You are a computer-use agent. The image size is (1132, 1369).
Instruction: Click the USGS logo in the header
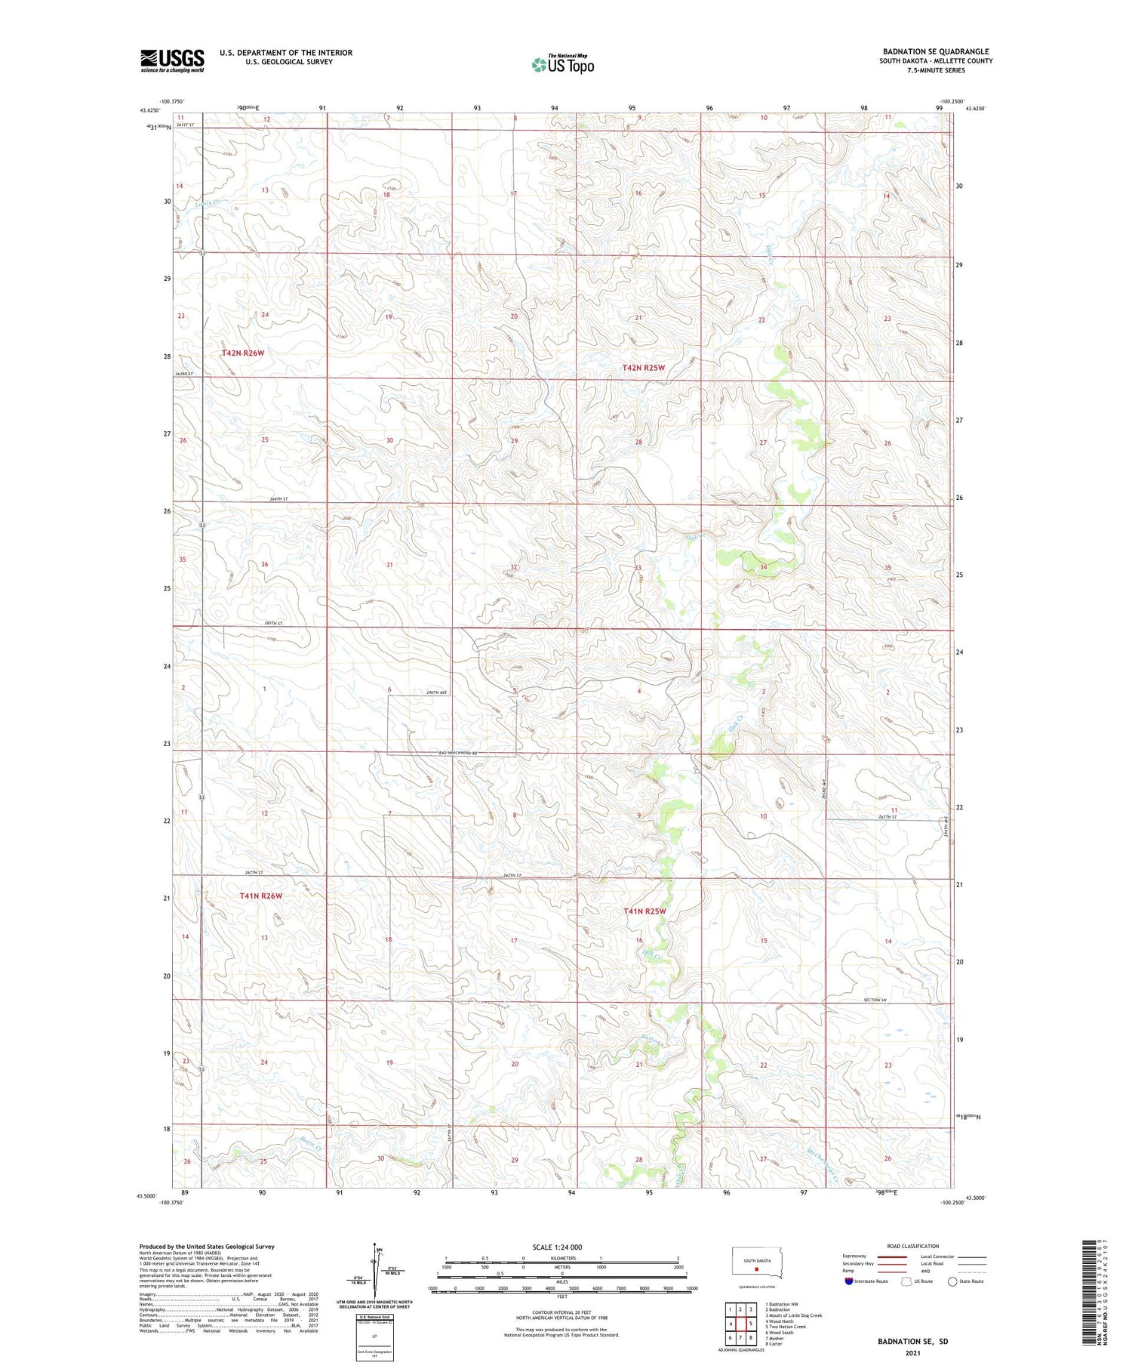(x=172, y=60)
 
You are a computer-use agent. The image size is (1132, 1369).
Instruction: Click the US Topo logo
(x=563, y=65)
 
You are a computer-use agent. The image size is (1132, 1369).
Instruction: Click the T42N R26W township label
(x=243, y=353)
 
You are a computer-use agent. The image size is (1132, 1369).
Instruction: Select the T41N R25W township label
(x=644, y=911)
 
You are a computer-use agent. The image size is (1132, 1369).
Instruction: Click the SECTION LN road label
(x=877, y=1000)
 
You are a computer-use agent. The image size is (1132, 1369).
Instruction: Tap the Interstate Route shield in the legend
(x=848, y=1281)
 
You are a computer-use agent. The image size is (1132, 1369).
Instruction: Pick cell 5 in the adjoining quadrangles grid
(x=750, y=1324)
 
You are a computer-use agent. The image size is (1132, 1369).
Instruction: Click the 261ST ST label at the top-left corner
(x=186, y=125)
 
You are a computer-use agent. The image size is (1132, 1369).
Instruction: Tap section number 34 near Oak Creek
(x=764, y=567)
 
